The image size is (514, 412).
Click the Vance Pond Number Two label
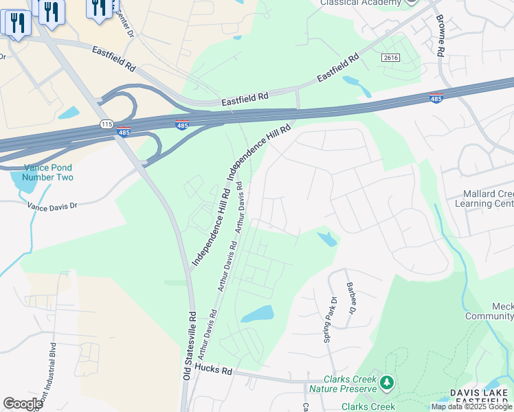click(47, 172)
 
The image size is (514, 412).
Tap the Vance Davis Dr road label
click(53, 205)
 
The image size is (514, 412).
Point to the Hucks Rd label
click(214, 370)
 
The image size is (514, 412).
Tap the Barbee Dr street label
click(351, 297)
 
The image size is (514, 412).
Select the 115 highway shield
click(106, 124)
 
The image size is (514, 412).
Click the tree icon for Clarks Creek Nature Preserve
click(388, 382)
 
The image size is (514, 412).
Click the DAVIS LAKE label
click(478, 392)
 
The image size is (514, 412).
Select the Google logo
click(23, 403)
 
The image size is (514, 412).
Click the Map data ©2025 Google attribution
click(471, 407)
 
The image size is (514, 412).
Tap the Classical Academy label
click(360, 3)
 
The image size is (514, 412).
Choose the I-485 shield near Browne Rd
click(436, 97)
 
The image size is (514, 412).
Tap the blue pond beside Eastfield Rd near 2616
click(357, 86)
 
